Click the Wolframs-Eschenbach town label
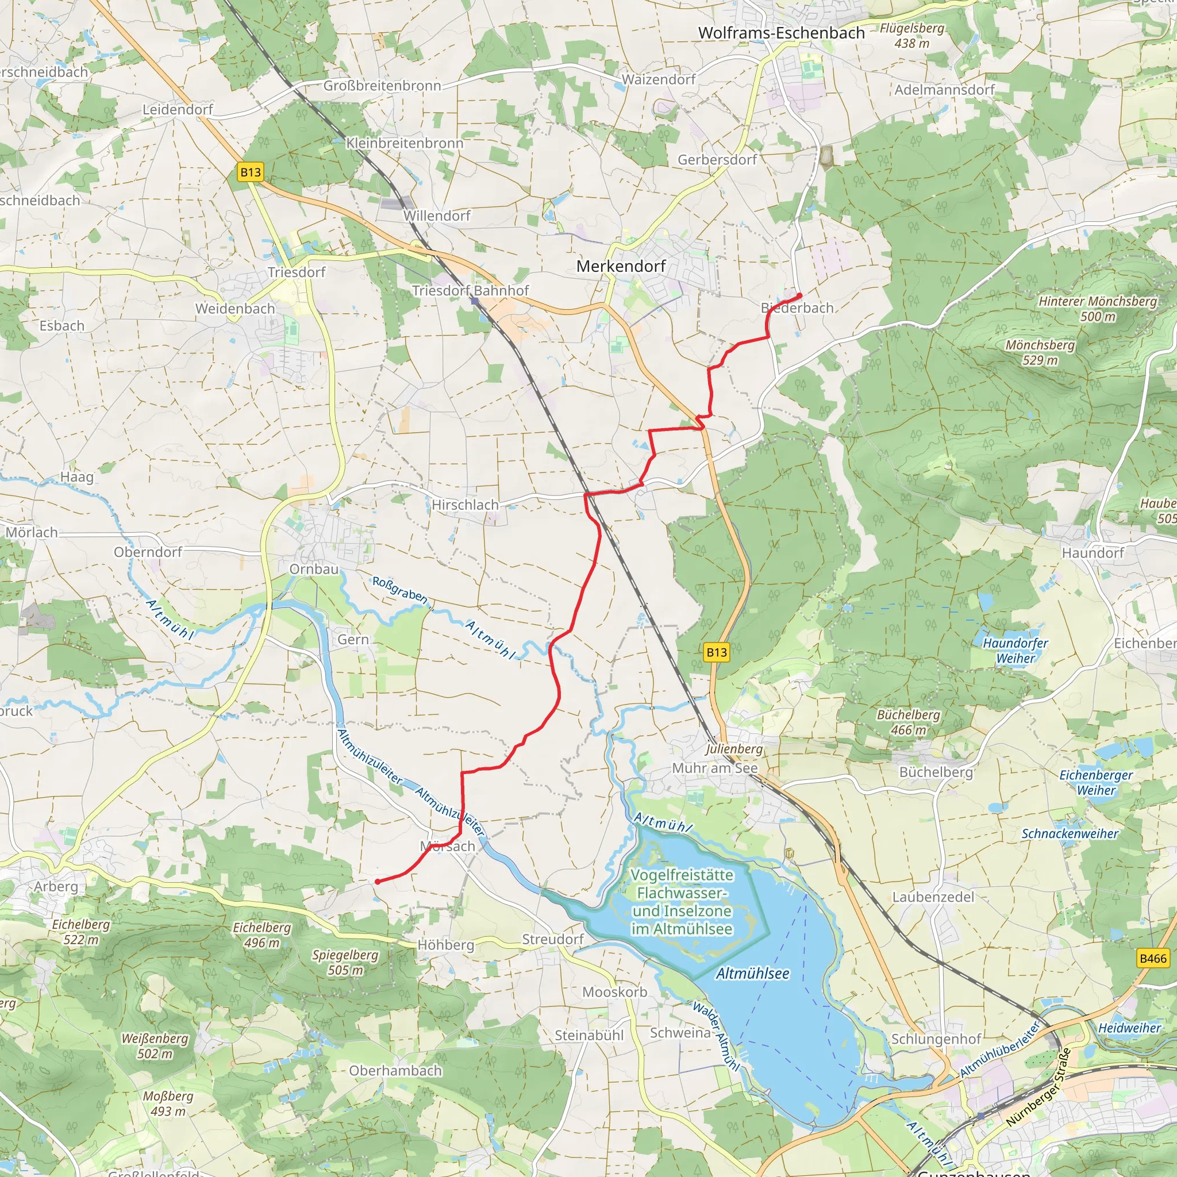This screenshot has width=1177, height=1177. click(781, 33)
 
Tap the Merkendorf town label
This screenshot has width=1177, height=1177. click(621, 266)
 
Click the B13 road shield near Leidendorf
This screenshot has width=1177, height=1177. click(251, 172)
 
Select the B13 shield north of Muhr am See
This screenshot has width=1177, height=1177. click(717, 652)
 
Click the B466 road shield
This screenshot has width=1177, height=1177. click(1153, 958)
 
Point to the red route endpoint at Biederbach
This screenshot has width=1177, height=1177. click(799, 296)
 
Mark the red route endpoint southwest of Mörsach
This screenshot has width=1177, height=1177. click(378, 882)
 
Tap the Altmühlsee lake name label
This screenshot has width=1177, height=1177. click(752, 974)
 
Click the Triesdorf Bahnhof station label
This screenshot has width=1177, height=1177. click(470, 291)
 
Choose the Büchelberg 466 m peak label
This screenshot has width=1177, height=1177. click(909, 722)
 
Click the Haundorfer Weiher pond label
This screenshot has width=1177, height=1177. click(1016, 650)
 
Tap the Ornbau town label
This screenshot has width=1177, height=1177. click(314, 569)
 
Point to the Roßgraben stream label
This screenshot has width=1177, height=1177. click(399, 590)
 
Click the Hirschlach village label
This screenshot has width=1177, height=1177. click(465, 505)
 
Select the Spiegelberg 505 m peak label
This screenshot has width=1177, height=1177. click(345, 962)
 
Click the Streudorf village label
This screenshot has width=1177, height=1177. click(552, 940)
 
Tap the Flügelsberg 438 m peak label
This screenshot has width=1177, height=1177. click(912, 35)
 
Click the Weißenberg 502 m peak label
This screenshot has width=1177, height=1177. click(155, 1046)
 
